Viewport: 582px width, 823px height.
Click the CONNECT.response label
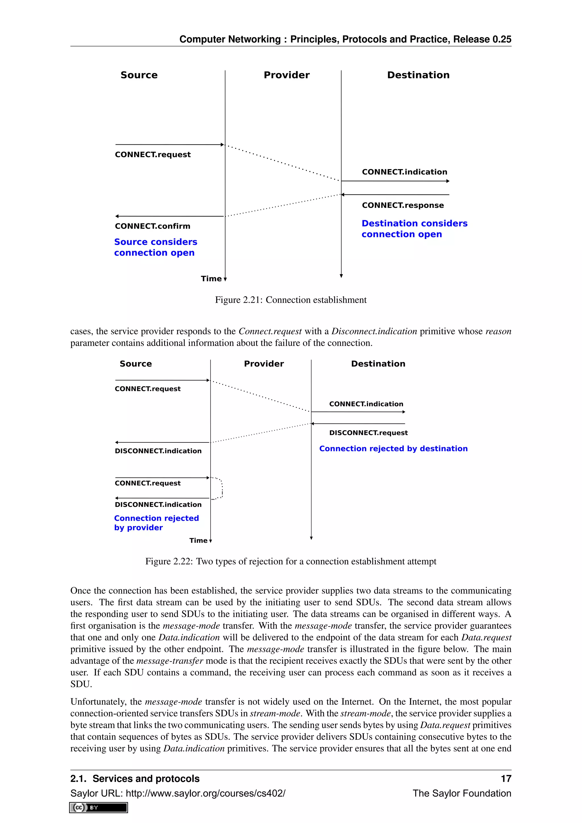tap(402, 205)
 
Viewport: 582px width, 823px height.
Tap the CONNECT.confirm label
tap(152, 226)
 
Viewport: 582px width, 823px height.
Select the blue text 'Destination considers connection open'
tap(414, 229)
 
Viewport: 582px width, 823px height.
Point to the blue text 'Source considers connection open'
tap(155, 247)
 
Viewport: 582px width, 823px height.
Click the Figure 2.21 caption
tap(291, 300)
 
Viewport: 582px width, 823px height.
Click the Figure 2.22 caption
tap(291, 561)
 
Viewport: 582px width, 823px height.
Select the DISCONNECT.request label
tap(368, 433)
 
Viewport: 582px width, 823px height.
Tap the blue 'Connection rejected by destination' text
tap(393, 449)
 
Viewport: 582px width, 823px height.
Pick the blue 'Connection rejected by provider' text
tap(156, 523)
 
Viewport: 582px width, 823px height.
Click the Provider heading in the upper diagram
tap(286, 75)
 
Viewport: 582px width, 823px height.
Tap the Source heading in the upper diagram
tap(139, 75)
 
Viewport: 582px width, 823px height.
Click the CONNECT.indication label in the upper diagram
tap(404, 172)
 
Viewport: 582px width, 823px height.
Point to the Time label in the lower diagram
tap(198, 541)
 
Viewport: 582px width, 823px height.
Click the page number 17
tap(506, 779)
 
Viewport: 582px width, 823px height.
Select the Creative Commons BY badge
tap(99, 808)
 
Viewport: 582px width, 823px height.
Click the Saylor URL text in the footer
tap(178, 793)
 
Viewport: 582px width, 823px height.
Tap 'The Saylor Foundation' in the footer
tap(462, 793)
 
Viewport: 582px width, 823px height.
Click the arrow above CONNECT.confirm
tap(169, 217)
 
